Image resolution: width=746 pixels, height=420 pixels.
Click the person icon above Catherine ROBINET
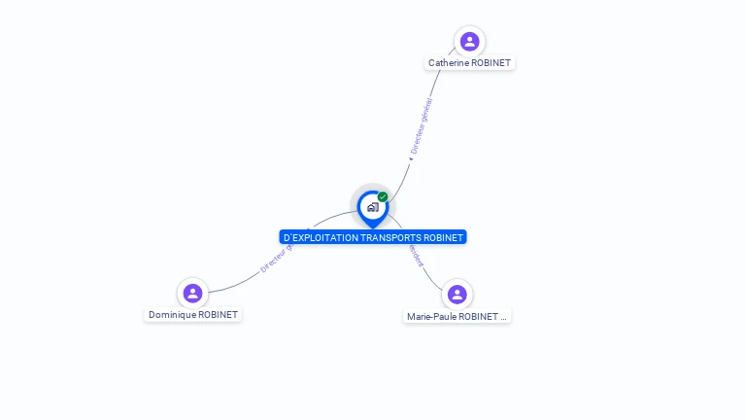tap(469, 41)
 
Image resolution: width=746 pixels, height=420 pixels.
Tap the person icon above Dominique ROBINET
tap(192, 293)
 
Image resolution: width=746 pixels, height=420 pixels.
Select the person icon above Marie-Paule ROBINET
tap(457, 294)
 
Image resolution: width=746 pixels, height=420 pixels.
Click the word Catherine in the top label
tap(448, 63)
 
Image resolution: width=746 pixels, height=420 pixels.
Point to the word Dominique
tap(171, 315)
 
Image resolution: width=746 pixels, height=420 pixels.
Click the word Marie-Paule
tap(431, 317)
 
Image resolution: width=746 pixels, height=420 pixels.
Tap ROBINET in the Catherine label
tap(491, 63)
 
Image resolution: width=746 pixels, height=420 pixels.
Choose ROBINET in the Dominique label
tap(218, 315)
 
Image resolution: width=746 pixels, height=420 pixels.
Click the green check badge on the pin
tap(383, 197)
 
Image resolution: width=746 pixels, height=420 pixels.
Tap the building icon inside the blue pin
tap(372, 207)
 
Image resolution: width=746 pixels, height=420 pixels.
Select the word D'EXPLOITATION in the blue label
tap(321, 237)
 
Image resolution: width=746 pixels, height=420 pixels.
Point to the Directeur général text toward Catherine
tap(422, 126)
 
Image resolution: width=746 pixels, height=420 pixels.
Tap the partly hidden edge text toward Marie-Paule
tap(416, 255)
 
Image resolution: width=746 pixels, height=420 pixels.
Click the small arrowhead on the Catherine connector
tap(410, 158)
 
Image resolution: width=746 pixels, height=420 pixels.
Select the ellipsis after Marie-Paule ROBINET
tap(503, 317)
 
